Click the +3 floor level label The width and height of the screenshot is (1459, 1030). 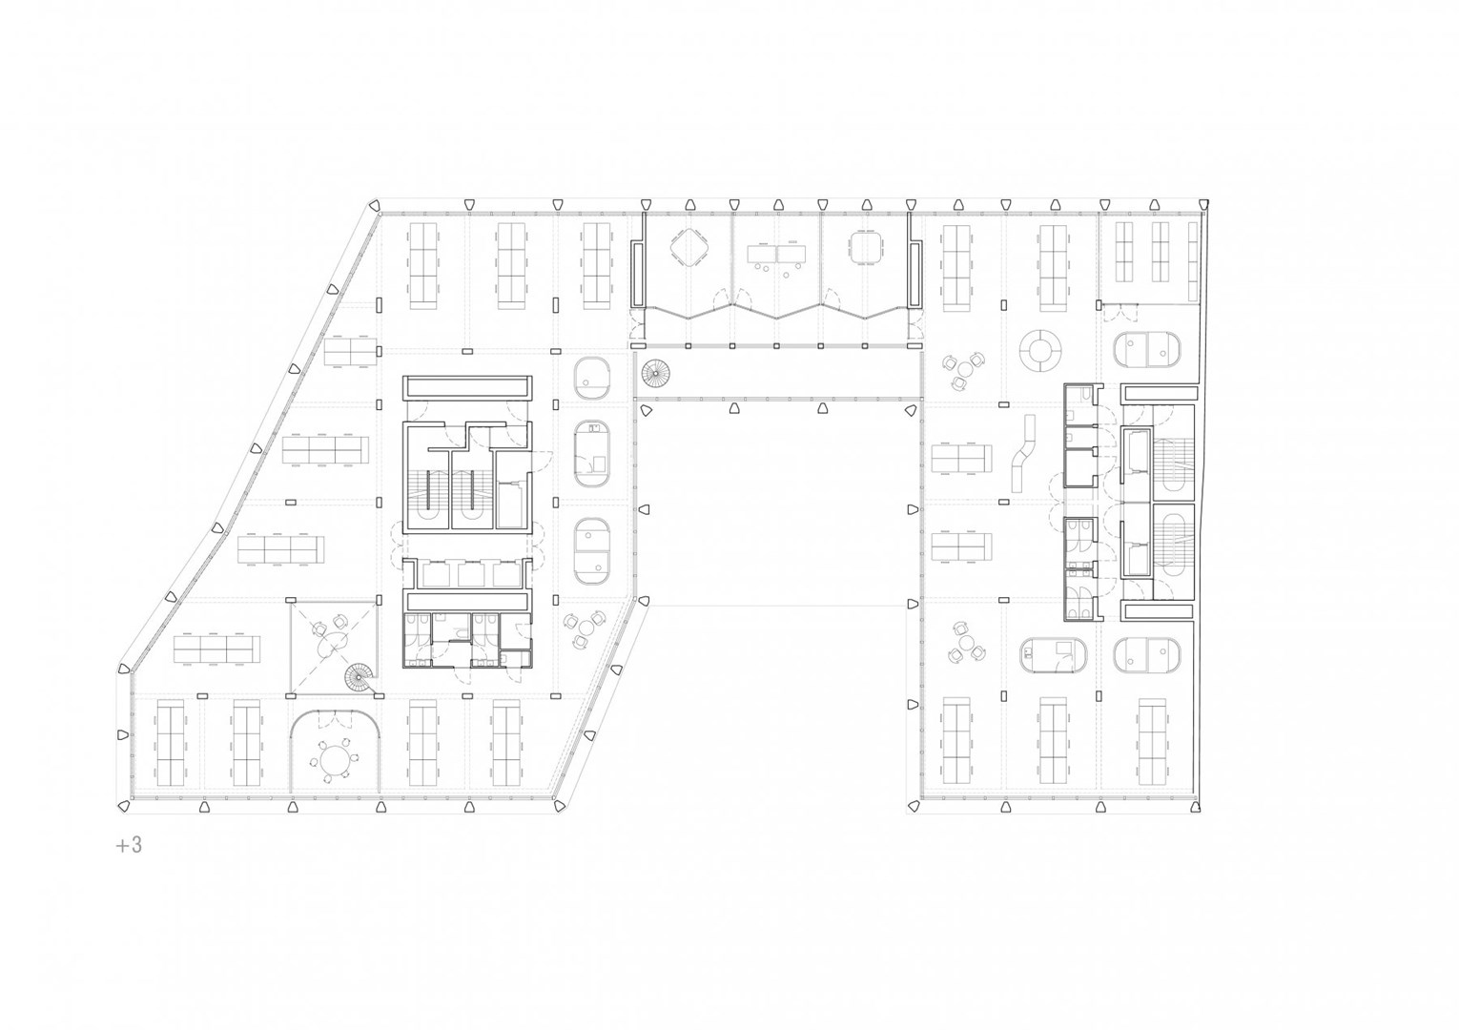pos(129,845)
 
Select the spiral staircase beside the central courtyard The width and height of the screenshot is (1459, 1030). pos(654,374)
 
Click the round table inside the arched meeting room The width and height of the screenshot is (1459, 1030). pos(335,760)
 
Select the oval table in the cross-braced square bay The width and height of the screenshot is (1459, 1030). pos(334,645)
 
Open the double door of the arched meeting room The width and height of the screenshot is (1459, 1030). pos(335,719)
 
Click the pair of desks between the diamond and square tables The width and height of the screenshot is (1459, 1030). pos(776,254)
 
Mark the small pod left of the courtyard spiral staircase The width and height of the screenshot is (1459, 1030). pos(591,378)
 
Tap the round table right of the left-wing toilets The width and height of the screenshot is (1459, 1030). pos(586,628)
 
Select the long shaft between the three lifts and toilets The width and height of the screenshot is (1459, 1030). pos(466,600)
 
